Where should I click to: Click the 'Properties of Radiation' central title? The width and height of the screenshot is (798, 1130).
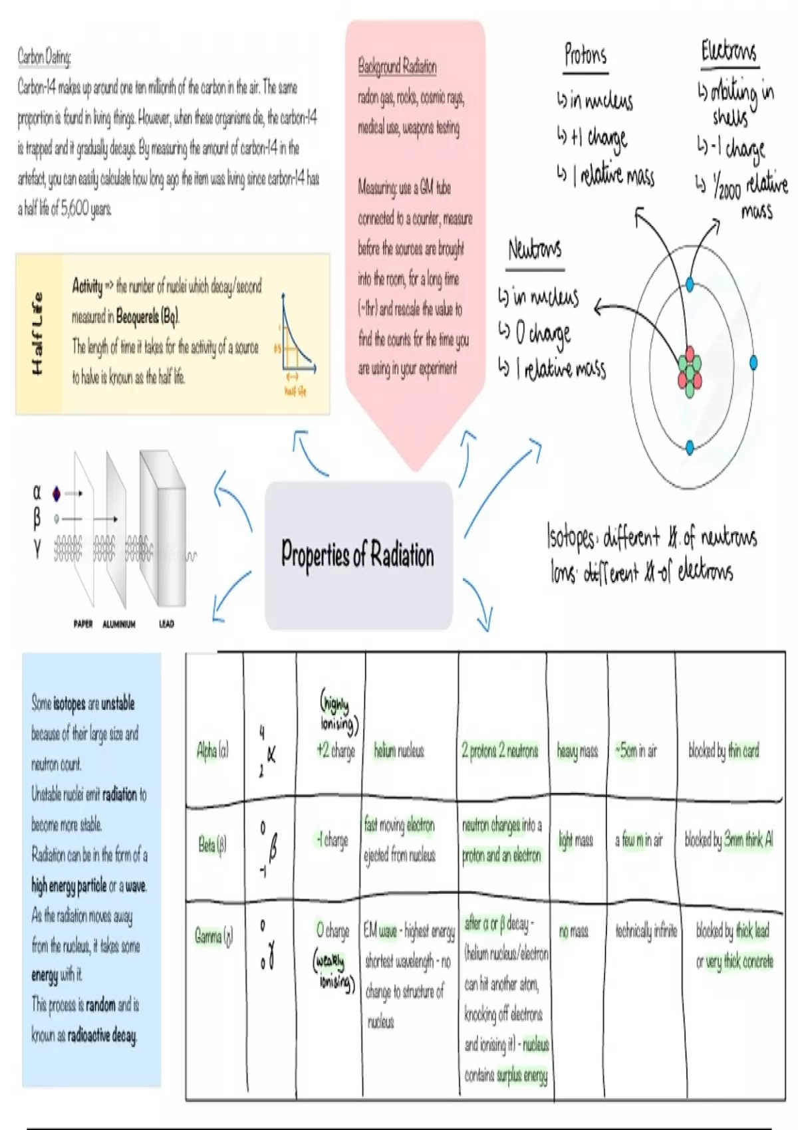click(x=358, y=554)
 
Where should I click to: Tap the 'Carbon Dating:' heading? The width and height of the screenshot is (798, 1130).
click(x=44, y=57)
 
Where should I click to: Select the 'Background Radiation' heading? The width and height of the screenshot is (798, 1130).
click(x=397, y=66)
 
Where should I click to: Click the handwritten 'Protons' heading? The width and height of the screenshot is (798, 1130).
click(x=585, y=55)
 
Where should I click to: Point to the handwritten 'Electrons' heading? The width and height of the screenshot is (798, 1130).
click(x=728, y=52)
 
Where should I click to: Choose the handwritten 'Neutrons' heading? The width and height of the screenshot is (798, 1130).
click(x=535, y=250)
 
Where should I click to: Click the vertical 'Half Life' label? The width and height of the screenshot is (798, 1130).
click(x=37, y=333)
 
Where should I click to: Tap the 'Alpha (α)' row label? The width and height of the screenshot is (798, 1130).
click(x=212, y=750)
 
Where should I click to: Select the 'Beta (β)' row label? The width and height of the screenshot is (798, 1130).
click(x=212, y=845)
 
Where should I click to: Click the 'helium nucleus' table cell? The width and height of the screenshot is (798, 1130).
click(x=398, y=750)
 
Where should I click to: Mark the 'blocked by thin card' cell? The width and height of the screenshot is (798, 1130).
click(x=724, y=750)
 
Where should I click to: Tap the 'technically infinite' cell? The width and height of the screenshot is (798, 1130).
click(x=646, y=931)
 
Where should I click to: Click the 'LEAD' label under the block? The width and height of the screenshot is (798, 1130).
click(x=166, y=623)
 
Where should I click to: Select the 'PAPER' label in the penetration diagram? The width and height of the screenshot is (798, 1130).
click(x=83, y=623)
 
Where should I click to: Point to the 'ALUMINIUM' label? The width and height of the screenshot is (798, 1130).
click(x=119, y=624)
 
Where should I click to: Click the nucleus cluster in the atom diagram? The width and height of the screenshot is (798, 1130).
click(x=690, y=367)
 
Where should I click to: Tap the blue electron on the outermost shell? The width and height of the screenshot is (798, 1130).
click(x=753, y=362)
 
